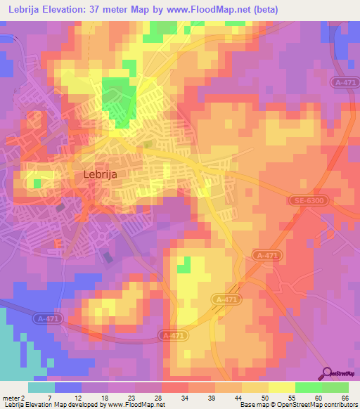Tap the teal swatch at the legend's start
pyautogui.click(x=41, y=387)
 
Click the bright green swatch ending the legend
pyautogui.click(x=335, y=387)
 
